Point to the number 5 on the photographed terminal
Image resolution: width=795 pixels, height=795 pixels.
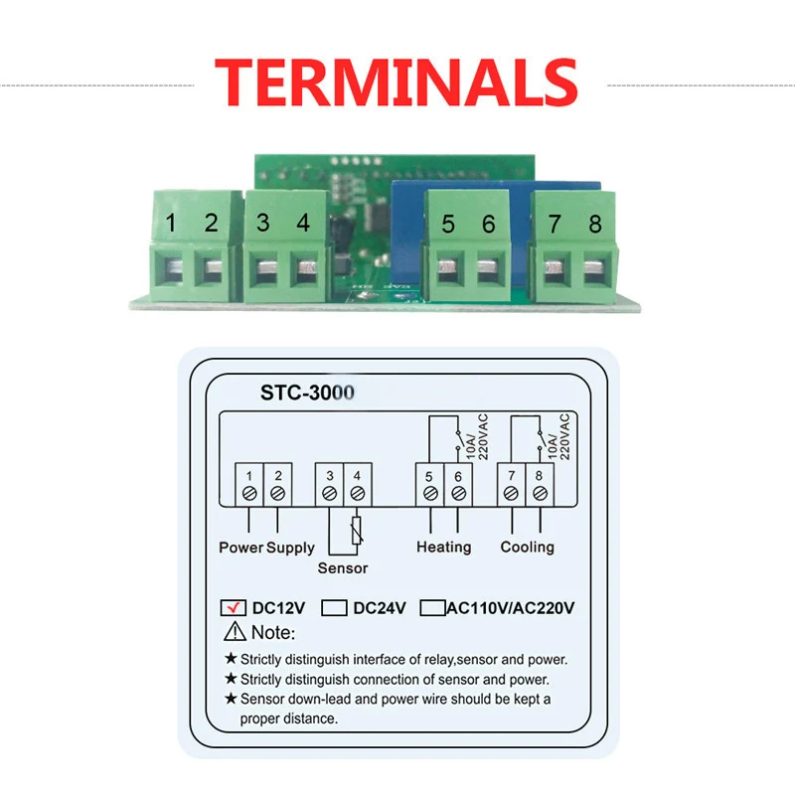[x=448, y=225]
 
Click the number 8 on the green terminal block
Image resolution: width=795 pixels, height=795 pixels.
[x=595, y=224]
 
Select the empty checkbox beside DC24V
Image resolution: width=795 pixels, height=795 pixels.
[x=335, y=607]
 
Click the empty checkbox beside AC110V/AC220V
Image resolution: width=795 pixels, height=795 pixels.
[x=432, y=607]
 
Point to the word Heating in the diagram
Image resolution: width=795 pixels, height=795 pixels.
[x=443, y=547]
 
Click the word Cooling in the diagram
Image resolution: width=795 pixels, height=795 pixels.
[x=527, y=547]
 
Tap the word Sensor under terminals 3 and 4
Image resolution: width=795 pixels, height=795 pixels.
[x=343, y=568]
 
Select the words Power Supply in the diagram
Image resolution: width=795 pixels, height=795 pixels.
[x=266, y=547]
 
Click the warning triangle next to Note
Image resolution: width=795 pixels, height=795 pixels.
[x=235, y=632]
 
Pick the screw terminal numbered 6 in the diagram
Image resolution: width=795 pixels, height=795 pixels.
[x=457, y=492]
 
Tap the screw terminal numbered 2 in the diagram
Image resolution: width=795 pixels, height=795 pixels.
[x=278, y=492]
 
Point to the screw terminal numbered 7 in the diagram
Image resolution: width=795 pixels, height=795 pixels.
[x=511, y=492]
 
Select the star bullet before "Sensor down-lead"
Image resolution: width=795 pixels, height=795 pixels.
[x=231, y=700]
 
